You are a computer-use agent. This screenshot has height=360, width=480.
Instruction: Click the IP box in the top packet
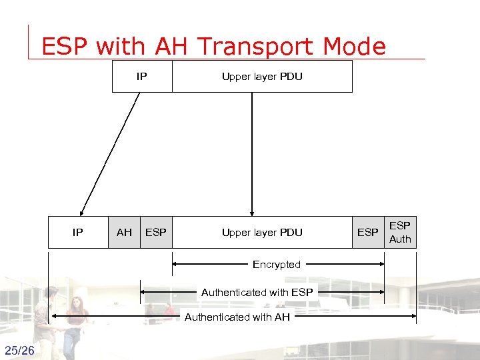(x=141, y=76)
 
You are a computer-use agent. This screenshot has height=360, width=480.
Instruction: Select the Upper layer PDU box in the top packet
(x=262, y=76)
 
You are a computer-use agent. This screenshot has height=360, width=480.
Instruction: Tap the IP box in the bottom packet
(x=78, y=232)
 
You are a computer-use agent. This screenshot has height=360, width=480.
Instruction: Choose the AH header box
(x=124, y=232)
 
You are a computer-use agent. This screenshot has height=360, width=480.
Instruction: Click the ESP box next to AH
(x=156, y=232)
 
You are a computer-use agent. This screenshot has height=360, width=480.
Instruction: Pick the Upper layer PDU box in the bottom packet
(x=262, y=232)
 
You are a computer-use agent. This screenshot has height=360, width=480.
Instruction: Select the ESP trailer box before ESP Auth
(x=368, y=232)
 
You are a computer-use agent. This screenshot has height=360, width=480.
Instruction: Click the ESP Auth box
(x=400, y=232)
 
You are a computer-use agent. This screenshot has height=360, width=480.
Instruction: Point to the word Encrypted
(x=277, y=265)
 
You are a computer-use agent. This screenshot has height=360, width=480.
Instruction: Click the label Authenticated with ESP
(x=257, y=291)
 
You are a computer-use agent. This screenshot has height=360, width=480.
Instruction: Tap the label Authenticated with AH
(x=237, y=317)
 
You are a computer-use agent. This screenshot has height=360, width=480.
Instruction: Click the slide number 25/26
(x=19, y=351)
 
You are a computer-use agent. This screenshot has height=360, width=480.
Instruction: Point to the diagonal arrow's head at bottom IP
(x=82, y=211)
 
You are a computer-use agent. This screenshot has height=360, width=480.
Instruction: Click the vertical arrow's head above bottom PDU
(x=251, y=211)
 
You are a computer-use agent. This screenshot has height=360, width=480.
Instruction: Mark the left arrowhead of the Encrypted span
(x=175, y=265)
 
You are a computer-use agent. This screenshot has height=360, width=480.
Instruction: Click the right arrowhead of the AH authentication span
(x=413, y=317)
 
